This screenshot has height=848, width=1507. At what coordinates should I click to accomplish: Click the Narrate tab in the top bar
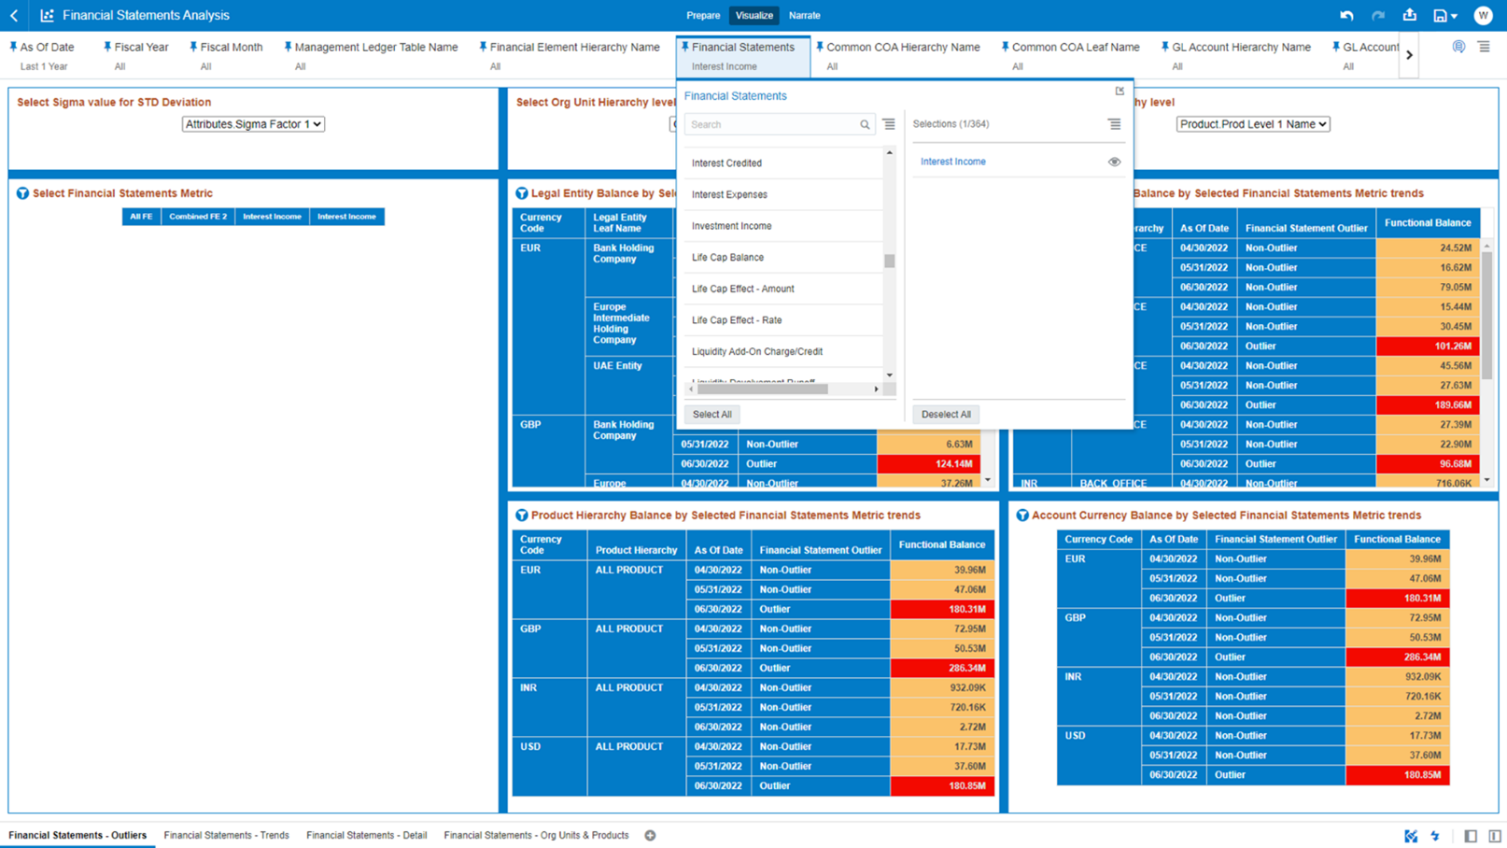804,15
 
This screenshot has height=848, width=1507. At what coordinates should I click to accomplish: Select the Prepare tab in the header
703,15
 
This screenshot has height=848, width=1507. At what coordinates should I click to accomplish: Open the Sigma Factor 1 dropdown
253,124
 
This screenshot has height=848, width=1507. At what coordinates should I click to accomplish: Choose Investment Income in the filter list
731,226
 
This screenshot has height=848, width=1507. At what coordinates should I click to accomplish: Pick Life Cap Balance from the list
727,258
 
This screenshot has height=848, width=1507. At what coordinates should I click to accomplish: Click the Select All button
711,415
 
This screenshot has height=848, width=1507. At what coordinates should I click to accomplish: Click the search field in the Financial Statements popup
773,125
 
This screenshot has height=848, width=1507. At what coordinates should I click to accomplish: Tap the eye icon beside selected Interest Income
1114,162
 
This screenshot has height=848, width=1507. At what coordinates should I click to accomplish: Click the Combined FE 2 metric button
198,217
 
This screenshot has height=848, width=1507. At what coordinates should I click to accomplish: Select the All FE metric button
141,217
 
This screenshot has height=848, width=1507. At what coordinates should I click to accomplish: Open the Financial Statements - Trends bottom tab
226,836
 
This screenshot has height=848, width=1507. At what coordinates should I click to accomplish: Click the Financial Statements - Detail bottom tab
366,836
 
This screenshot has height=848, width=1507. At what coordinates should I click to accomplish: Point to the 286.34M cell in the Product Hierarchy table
941,669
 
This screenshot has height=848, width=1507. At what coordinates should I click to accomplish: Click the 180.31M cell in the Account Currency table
1397,599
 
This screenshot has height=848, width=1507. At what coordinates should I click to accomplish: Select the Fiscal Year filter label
141,47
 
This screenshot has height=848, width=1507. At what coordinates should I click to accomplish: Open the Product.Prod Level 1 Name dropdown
1252,124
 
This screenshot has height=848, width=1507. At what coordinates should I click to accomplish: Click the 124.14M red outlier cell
928,464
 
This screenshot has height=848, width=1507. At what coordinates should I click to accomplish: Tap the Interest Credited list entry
726,163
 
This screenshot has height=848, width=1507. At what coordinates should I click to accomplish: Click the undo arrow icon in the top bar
1346,15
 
